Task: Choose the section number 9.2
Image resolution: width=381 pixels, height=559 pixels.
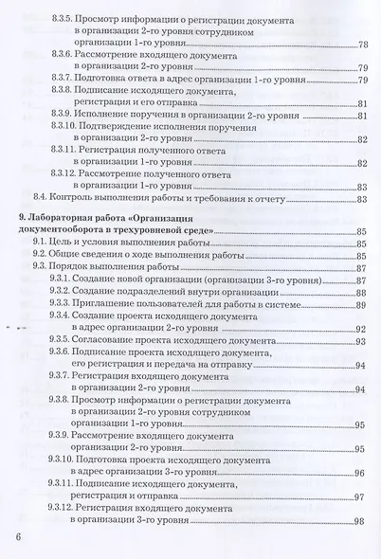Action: click(42, 256)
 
